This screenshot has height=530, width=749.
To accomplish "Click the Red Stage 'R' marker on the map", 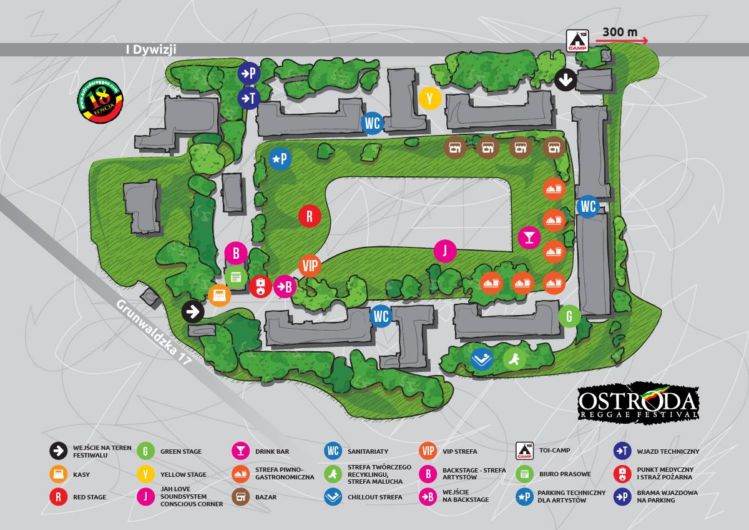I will pyautogui.click(x=309, y=216).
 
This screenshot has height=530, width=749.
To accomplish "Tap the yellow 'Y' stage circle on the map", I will pyautogui.click(x=430, y=99).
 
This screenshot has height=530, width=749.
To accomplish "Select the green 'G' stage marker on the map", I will pyautogui.click(x=569, y=316).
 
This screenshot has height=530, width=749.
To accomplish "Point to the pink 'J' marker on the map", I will pyautogui.click(x=445, y=251).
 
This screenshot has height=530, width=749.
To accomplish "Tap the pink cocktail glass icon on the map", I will pyautogui.click(x=529, y=237).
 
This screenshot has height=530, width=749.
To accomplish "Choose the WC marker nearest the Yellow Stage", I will pyautogui.click(x=372, y=123).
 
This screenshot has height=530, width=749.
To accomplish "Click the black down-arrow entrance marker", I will pyautogui.click(x=565, y=79).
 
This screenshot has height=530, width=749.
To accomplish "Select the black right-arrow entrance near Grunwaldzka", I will pyautogui.click(x=193, y=311).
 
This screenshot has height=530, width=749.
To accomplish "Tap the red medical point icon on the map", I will pyautogui.click(x=260, y=287).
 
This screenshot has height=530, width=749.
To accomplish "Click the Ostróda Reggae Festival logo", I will pyautogui.click(x=637, y=402).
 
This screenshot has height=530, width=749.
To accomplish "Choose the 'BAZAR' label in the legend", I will pyautogui.click(x=266, y=497).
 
